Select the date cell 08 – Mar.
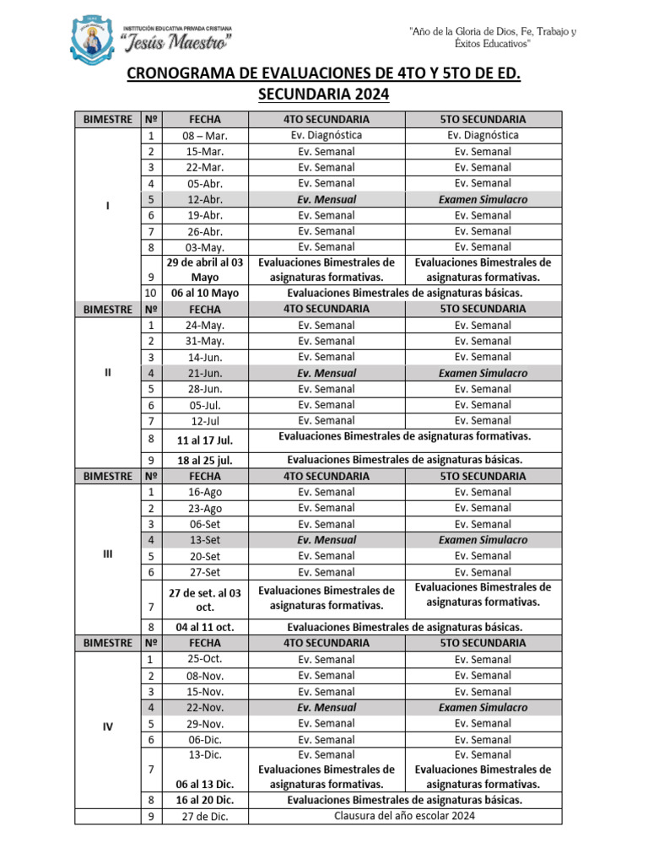[x=205, y=136]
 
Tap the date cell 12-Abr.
[x=205, y=200]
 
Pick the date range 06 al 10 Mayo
[x=205, y=293]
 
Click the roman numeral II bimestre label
[x=107, y=373]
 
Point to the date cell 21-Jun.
[x=205, y=373]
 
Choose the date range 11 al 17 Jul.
[x=205, y=440]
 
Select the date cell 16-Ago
[x=205, y=492]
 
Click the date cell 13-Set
[x=205, y=540]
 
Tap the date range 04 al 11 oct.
[x=205, y=627]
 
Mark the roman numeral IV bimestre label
[x=107, y=726]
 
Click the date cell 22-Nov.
[x=205, y=708]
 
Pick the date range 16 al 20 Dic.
[x=205, y=800]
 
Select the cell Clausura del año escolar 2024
[x=404, y=816]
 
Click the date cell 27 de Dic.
[x=205, y=817]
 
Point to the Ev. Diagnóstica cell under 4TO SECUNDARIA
[x=326, y=135]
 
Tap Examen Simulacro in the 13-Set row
[x=483, y=540]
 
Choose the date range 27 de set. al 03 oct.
[x=205, y=600]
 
